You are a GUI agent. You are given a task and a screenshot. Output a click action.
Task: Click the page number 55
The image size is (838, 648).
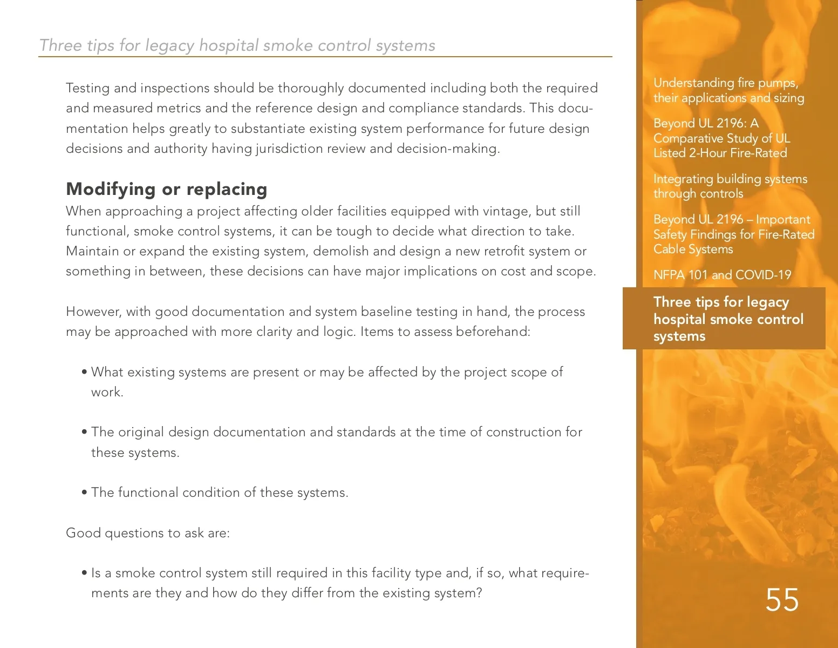click(x=782, y=600)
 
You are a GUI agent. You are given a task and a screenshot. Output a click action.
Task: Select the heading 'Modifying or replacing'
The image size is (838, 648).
click(x=166, y=189)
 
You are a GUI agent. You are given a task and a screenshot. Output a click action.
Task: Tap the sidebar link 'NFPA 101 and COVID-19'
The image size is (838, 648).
click(x=722, y=275)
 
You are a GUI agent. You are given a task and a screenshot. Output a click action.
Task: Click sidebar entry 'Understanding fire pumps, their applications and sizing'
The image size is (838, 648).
click(x=728, y=90)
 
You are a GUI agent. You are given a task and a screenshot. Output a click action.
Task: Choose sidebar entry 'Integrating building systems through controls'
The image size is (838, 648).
click(x=730, y=186)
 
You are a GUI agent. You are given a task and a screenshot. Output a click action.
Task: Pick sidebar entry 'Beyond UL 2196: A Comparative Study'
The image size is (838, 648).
click(x=721, y=138)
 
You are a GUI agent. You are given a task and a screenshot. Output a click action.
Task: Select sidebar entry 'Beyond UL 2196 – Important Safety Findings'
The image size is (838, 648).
click(x=733, y=234)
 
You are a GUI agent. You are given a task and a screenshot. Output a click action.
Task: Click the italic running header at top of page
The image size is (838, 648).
click(x=237, y=45)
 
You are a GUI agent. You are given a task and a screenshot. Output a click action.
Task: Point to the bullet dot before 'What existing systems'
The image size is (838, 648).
click(x=84, y=372)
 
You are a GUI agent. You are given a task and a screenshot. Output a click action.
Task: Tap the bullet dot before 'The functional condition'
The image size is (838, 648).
click(x=84, y=492)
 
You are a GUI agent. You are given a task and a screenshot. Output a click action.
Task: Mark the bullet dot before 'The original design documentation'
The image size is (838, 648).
click(x=84, y=432)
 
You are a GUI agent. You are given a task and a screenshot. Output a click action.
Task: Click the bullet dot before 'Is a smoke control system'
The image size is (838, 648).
click(x=84, y=573)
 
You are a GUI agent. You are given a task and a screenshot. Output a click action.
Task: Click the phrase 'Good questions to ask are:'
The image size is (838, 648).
click(x=148, y=533)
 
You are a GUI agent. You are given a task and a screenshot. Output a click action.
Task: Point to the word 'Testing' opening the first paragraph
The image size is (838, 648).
click(x=87, y=88)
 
